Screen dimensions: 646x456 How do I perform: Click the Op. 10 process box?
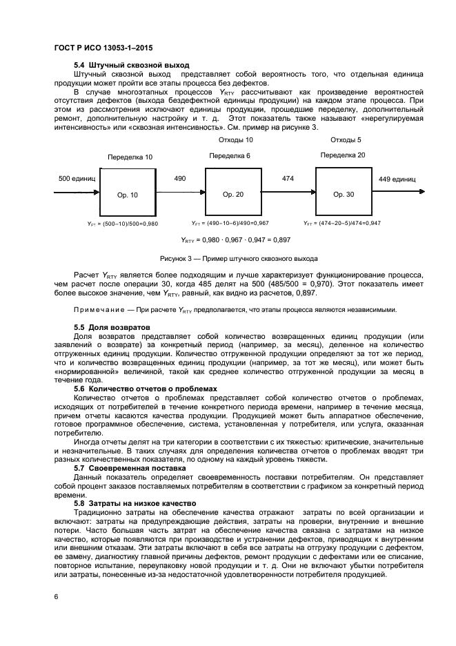pyautogui.click(x=128, y=194)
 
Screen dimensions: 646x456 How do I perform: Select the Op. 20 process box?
pyautogui.click(x=232, y=194)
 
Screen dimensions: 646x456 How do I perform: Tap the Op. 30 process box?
pyautogui.click(x=343, y=194)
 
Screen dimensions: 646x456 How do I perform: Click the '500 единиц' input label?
pyautogui.click(x=77, y=179)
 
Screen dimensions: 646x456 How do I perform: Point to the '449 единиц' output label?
pyautogui.click(x=397, y=179)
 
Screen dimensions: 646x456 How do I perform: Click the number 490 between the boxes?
pyautogui.click(x=180, y=179)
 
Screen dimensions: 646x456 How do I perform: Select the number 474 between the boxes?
pyautogui.click(x=288, y=179)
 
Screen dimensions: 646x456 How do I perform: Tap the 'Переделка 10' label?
pyautogui.click(x=130, y=157)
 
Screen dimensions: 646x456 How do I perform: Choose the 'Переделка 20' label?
pyautogui.click(x=343, y=155)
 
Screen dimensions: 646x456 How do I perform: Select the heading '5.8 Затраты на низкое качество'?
pyautogui.click(x=134, y=504)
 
